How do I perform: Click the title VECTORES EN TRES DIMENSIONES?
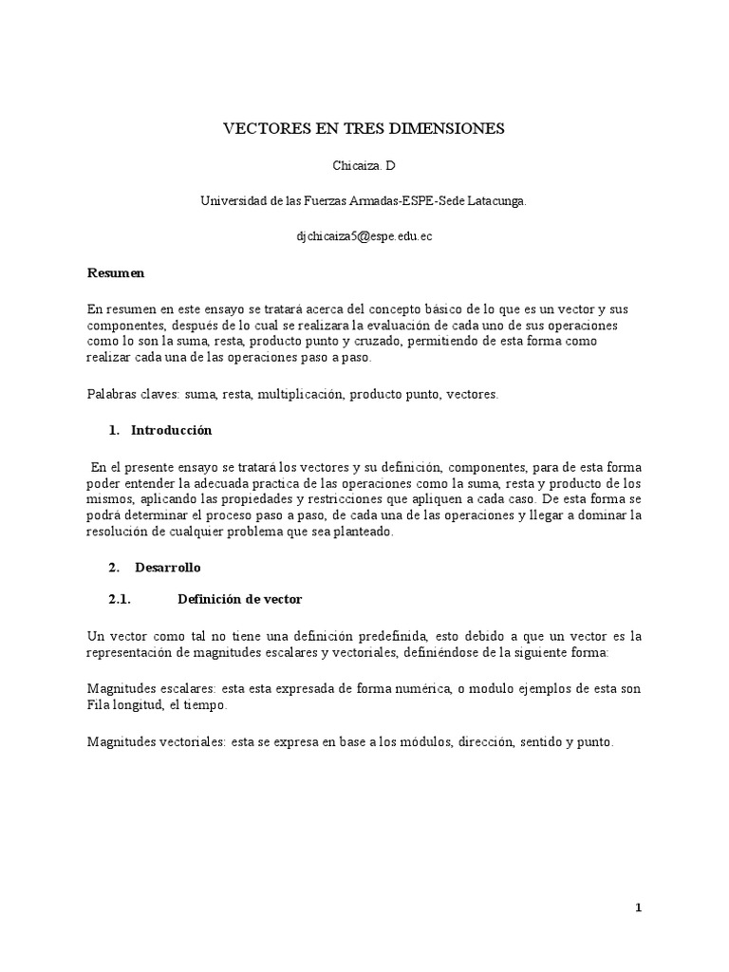[x=364, y=128]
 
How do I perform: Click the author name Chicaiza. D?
[x=364, y=165]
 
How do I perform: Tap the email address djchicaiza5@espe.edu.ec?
[x=364, y=236]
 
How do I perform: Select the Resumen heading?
[x=116, y=272]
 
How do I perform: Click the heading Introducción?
[x=171, y=430]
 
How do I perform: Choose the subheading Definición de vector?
[x=239, y=600]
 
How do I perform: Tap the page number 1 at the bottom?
[x=639, y=908]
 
